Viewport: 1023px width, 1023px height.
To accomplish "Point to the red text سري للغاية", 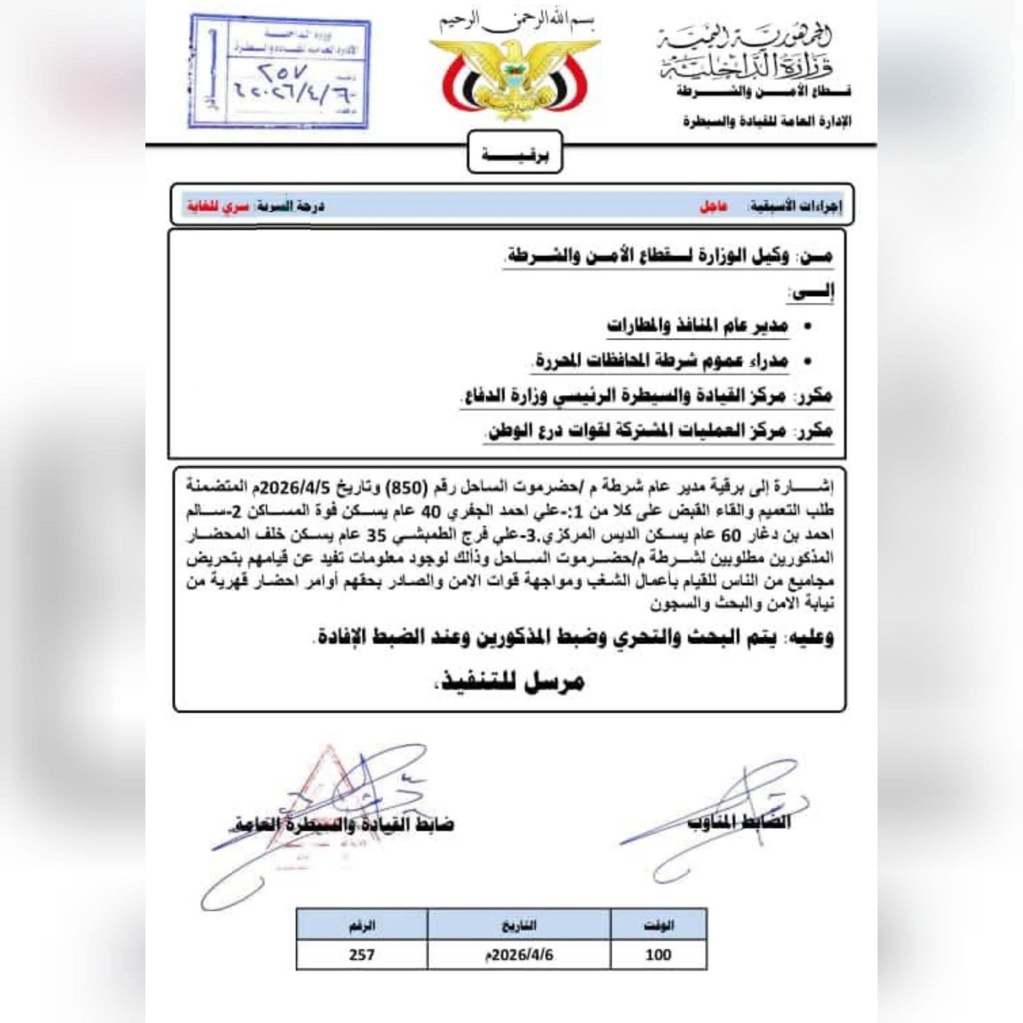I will [217, 206].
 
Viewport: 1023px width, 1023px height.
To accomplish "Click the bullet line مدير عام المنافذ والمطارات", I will [697, 326].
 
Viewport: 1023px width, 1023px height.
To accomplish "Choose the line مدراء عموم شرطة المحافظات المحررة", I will [660, 361].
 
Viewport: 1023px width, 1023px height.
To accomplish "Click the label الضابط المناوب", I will [739, 822].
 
